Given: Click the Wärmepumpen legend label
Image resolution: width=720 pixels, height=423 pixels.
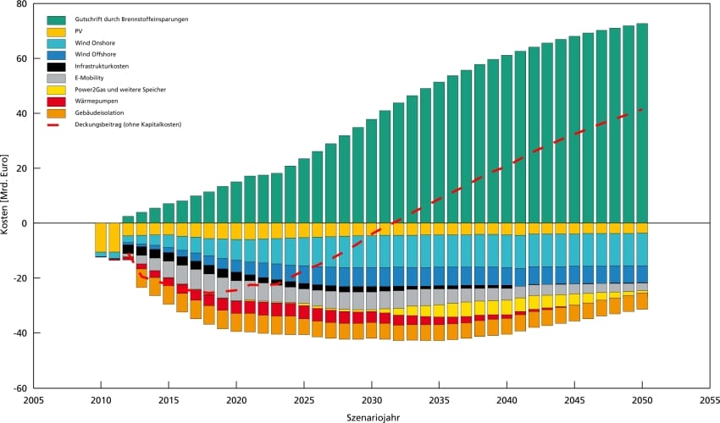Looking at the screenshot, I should (95, 101).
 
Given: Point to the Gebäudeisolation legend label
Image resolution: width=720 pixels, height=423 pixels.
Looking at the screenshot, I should (97, 113).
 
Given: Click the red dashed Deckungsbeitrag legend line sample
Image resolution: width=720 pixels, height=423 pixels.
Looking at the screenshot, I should (57, 124).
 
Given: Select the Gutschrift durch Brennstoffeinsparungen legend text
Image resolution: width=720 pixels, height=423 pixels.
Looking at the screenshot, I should (131, 18).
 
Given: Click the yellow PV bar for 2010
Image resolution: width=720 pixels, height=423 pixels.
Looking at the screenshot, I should (101, 237).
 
